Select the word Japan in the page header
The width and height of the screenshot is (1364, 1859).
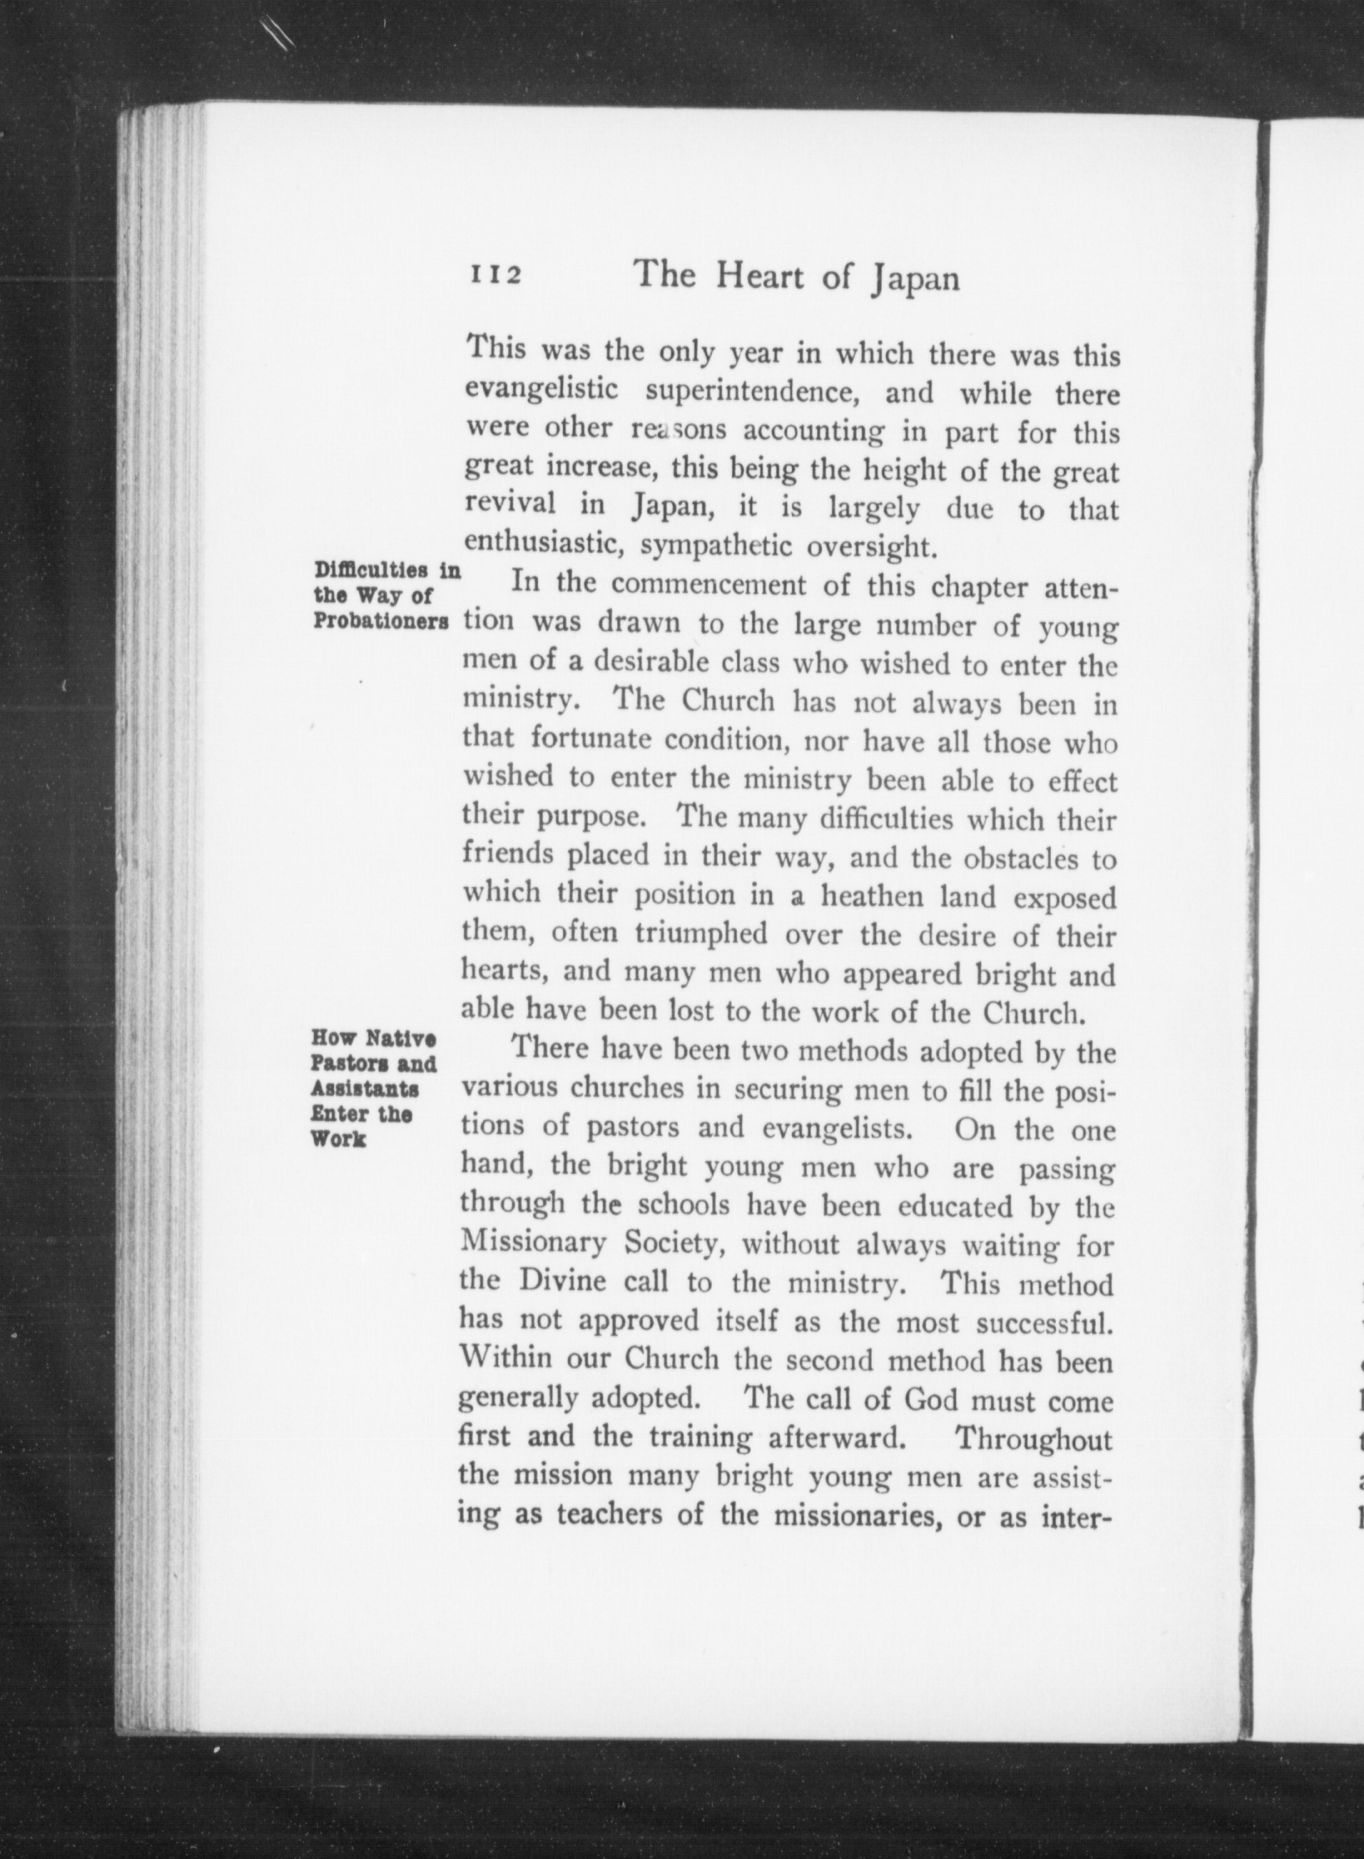tap(915, 280)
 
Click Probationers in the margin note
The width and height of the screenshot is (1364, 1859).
tap(381, 621)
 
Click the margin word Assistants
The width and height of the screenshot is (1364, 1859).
tap(365, 1089)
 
